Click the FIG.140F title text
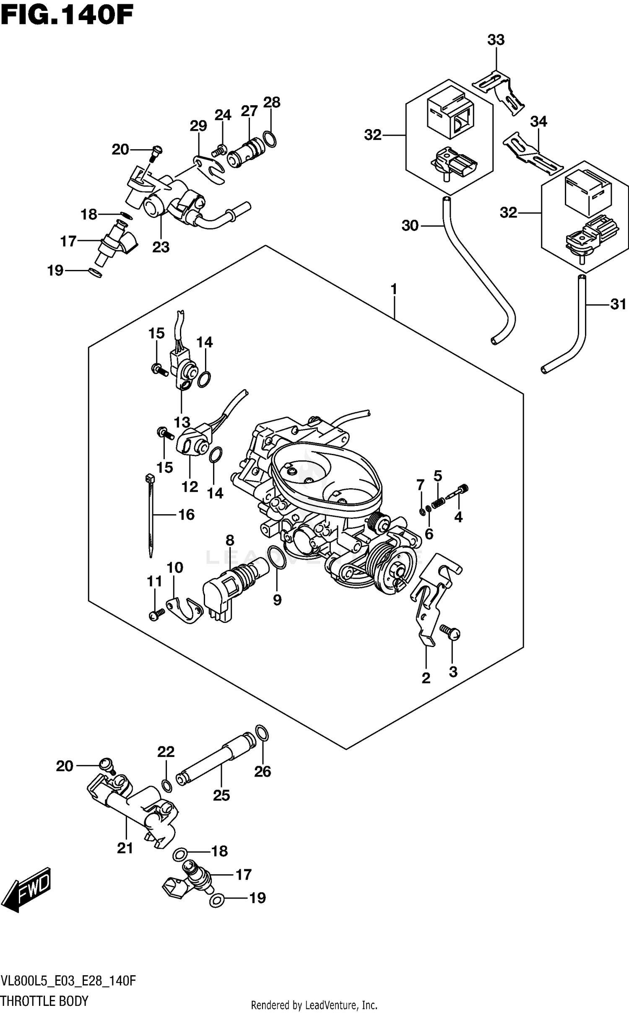click(67, 16)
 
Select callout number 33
click(496, 40)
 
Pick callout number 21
click(125, 848)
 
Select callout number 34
click(538, 122)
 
